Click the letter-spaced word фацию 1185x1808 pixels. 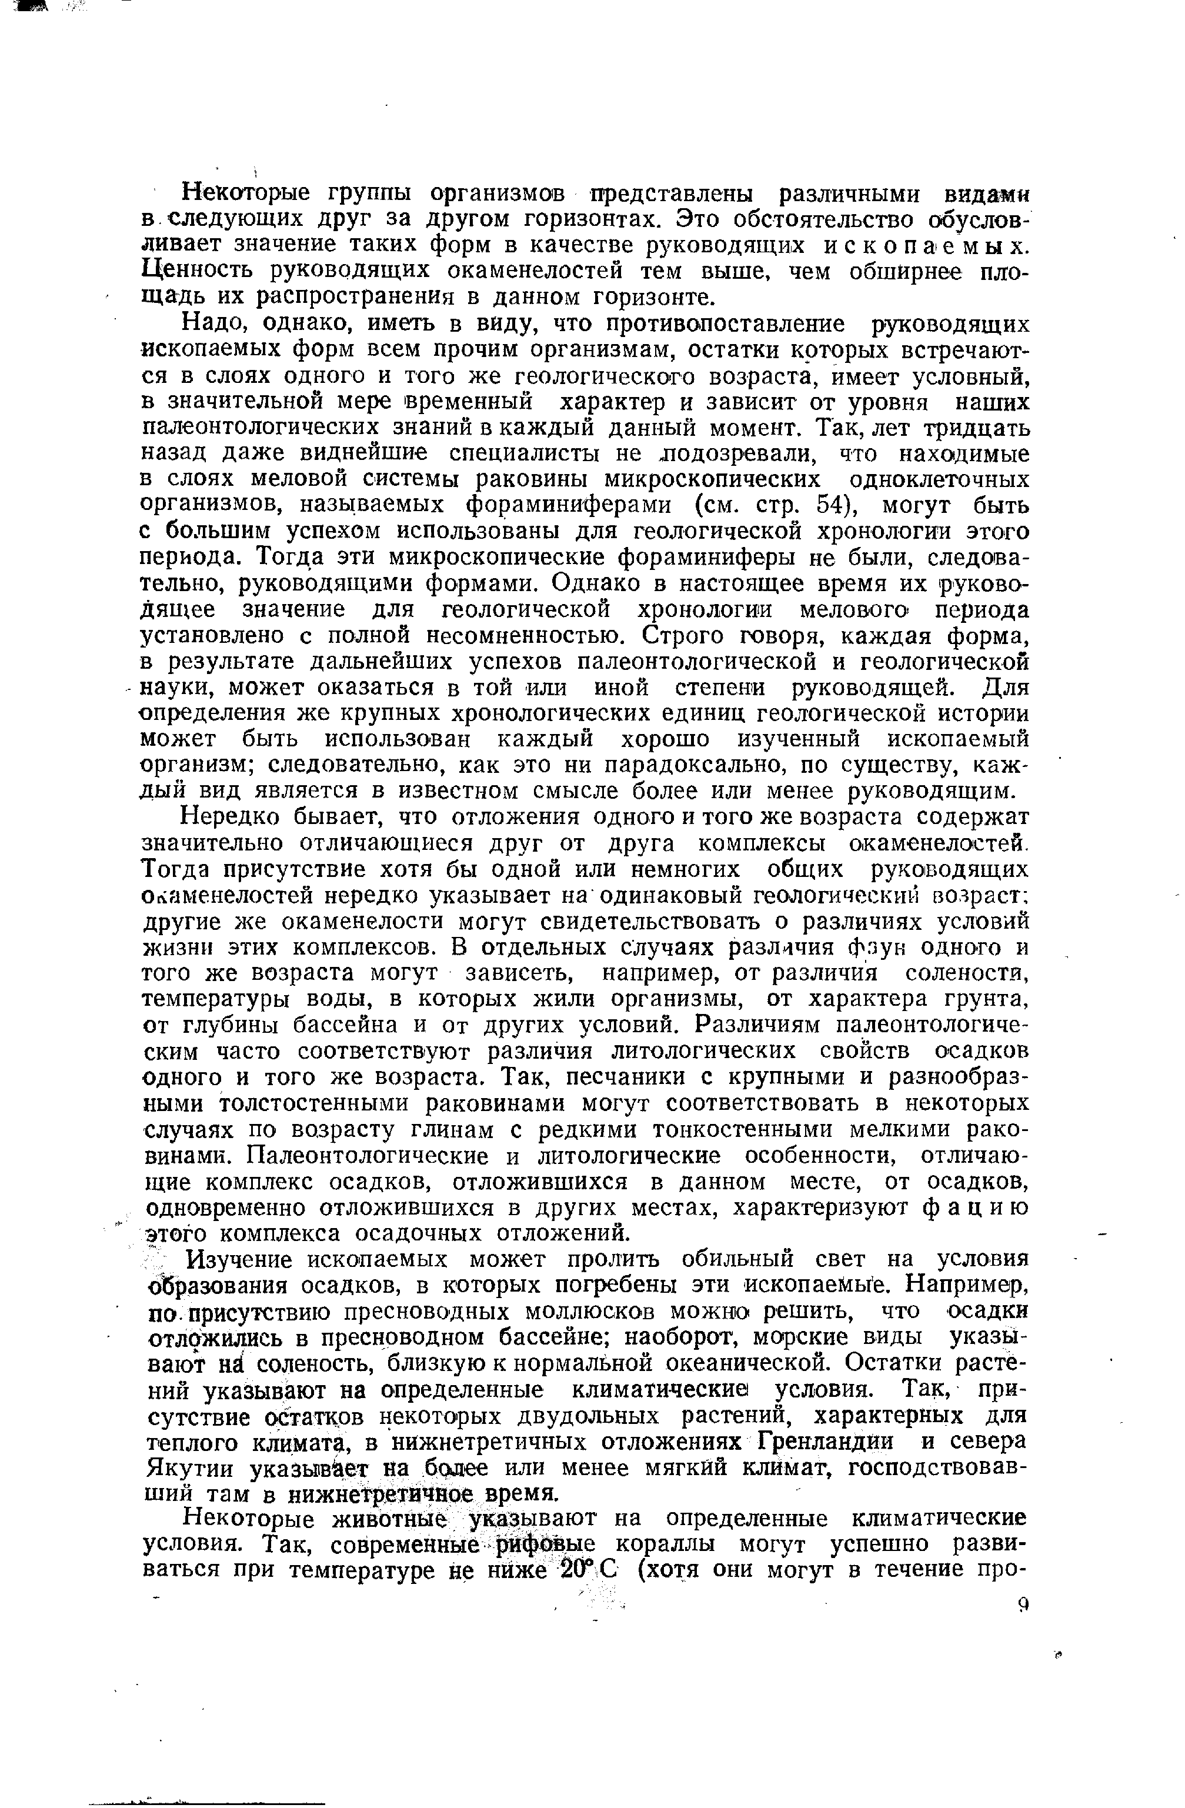pos(977,1207)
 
